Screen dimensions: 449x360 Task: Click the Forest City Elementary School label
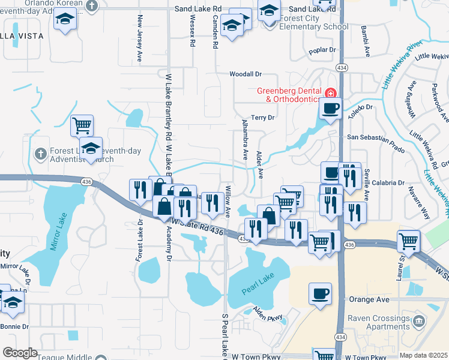(314, 22)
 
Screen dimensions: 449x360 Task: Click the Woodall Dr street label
(246, 74)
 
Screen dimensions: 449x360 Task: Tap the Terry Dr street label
(263, 118)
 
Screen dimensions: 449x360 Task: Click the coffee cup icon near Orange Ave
(320, 294)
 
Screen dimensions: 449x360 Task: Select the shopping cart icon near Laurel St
(409, 241)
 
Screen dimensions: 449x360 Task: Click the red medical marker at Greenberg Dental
(330, 93)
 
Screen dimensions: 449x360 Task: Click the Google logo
(20, 353)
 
